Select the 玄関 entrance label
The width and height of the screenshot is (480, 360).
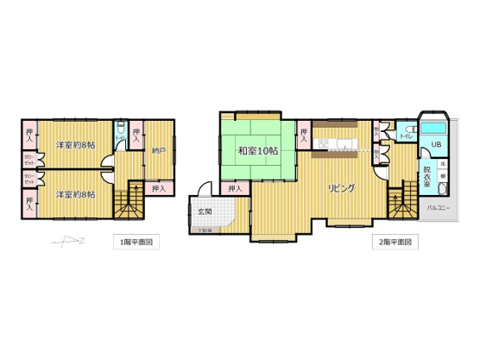(204, 212)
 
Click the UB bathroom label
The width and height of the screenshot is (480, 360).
(436, 143)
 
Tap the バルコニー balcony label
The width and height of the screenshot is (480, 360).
(439, 208)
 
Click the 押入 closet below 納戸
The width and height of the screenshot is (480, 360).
(158, 188)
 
